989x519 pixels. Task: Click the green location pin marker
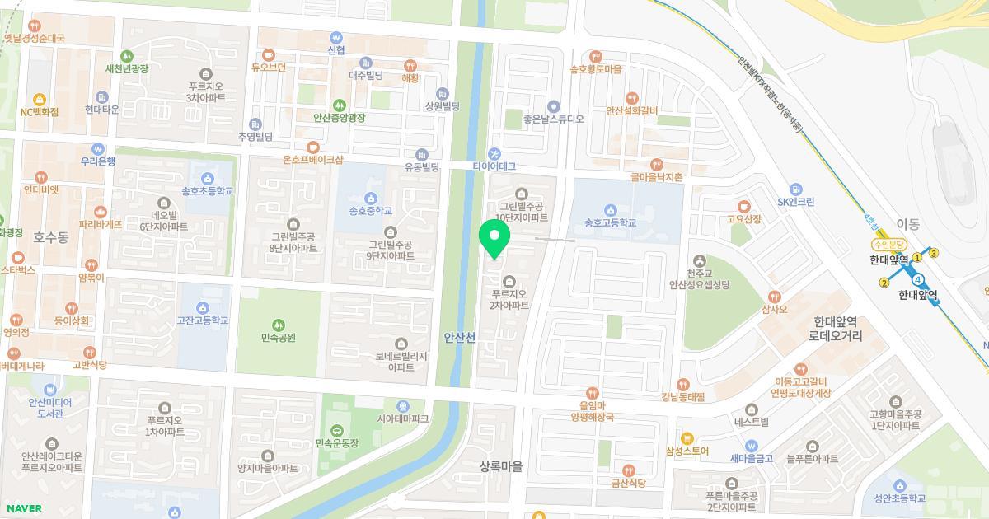494,240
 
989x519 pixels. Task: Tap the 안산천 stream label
459,338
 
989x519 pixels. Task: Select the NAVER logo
22,508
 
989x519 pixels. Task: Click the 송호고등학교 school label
610,222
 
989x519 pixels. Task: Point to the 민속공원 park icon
279,325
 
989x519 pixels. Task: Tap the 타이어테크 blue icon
494,152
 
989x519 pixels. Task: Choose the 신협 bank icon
335,37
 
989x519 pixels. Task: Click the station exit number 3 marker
934,253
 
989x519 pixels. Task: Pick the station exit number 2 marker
884,283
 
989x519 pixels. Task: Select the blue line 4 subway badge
918,279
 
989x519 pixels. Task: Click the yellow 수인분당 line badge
888,245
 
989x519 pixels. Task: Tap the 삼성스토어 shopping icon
687,438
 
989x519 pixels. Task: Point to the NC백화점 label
40,112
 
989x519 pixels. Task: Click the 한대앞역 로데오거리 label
835,329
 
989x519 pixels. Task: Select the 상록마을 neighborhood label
501,466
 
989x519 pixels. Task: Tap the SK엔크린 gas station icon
795,189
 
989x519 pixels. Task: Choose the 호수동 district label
50,237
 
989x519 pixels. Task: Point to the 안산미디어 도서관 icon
50,390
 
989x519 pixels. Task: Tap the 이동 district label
907,224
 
